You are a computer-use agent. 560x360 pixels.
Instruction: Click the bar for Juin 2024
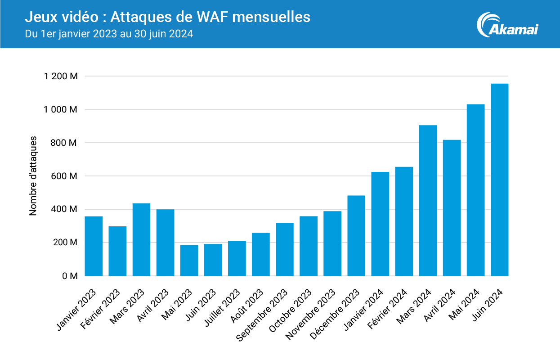[499, 180]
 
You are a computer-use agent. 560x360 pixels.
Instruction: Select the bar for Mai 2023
[189, 261]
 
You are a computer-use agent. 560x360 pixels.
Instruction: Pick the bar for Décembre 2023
[356, 236]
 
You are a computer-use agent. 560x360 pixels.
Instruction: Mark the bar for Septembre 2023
[285, 249]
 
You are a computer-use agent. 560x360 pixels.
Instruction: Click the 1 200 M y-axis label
[61, 76]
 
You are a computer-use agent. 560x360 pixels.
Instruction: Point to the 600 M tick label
[64, 176]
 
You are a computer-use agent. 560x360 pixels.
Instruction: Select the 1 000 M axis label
[61, 110]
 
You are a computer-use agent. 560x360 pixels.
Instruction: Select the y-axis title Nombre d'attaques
[33, 176]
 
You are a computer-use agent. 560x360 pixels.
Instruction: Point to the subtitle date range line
[109, 34]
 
